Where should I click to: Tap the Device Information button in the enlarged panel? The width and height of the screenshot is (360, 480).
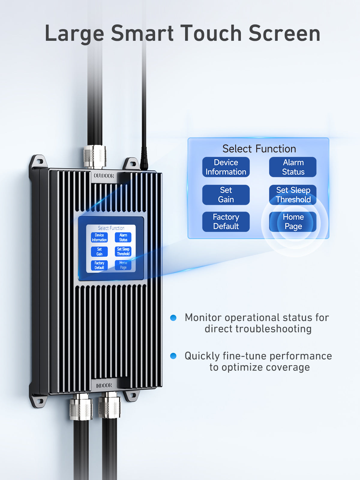(x=226, y=167)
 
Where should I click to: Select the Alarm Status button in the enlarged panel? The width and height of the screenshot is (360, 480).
(x=293, y=167)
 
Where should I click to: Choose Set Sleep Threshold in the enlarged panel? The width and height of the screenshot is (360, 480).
(x=293, y=195)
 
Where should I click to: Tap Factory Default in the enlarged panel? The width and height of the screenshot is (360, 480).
(x=226, y=222)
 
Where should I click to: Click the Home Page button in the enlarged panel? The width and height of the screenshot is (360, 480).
(x=293, y=222)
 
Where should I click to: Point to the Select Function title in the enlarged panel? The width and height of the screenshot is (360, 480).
(x=259, y=149)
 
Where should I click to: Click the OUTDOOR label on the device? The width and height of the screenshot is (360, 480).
(x=104, y=176)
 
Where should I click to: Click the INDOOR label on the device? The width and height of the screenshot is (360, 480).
(x=104, y=385)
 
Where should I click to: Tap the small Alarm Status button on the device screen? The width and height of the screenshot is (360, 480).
(x=123, y=238)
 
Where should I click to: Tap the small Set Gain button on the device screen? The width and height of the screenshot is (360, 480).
(x=99, y=251)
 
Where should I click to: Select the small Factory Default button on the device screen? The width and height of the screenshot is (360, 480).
(x=99, y=265)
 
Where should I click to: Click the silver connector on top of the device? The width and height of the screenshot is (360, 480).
(x=94, y=157)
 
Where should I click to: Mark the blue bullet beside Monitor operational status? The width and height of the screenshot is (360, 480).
(x=173, y=318)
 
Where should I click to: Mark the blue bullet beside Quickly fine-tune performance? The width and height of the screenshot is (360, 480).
(x=173, y=356)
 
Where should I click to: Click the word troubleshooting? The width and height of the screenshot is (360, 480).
(x=273, y=329)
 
